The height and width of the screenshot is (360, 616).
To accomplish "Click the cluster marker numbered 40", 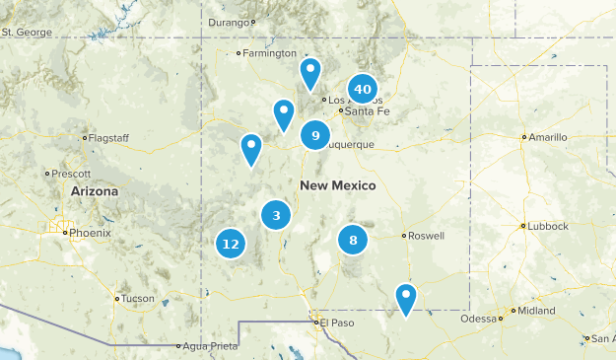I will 363,90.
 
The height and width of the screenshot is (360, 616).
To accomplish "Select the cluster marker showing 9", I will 315,135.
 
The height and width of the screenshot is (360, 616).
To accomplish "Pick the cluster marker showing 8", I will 353,239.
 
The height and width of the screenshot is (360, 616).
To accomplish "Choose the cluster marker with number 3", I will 276,216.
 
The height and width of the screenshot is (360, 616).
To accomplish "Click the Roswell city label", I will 426,236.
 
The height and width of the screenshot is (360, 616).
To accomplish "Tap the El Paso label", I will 336,322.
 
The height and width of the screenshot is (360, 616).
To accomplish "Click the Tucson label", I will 137,298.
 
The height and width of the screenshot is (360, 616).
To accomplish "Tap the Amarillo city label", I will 548,137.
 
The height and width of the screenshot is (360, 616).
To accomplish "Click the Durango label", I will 231,21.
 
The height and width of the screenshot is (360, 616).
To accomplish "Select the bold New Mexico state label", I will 338,185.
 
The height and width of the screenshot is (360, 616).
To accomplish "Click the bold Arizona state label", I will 95,191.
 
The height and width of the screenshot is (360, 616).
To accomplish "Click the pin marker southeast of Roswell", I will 405,297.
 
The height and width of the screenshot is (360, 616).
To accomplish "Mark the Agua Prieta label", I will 209,346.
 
